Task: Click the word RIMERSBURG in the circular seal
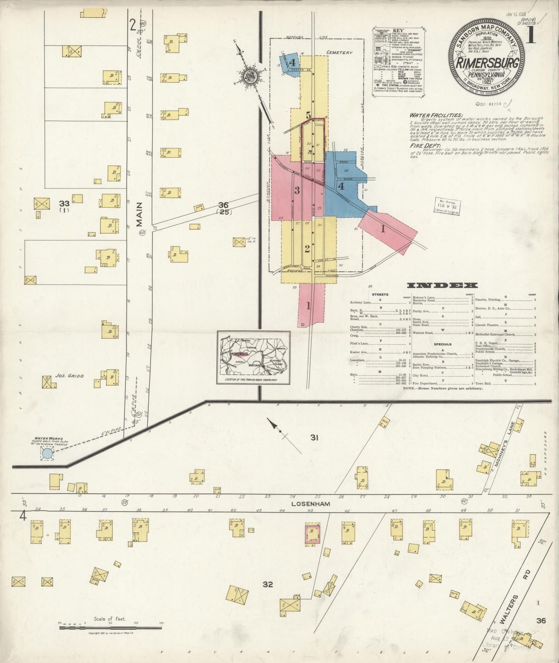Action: coord(487,64)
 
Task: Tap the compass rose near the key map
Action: coord(250,76)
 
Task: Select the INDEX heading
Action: coord(442,285)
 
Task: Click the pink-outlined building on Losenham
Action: coord(313,535)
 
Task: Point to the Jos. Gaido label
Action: coord(69,375)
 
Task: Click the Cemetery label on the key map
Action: coord(339,52)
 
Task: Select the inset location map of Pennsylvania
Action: coord(253,357)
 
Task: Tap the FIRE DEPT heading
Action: coord(423,146)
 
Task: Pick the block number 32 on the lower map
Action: coord(268,584)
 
